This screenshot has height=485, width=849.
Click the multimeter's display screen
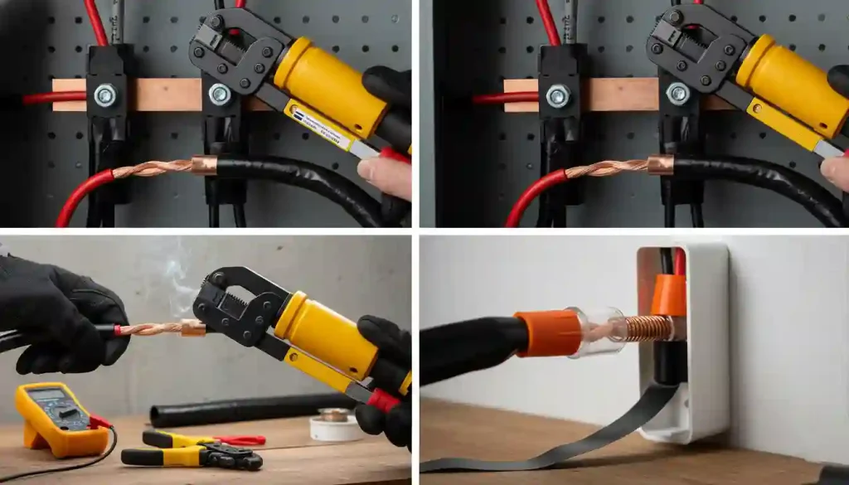tap(48, 396)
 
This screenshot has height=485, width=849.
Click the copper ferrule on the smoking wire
tap(193, 328)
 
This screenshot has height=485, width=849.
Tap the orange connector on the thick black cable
tap(548, 332)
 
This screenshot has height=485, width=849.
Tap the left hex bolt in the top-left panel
tap(104, 95)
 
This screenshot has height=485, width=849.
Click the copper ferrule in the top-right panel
tap(661, 165)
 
